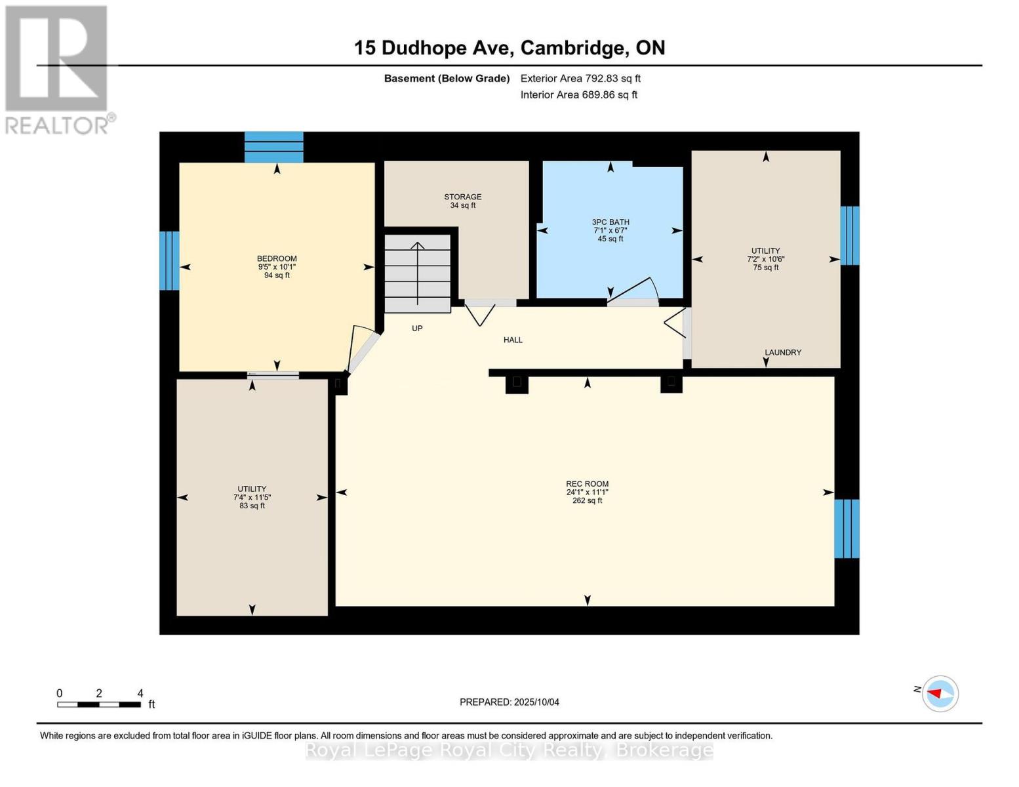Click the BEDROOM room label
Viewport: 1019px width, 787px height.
point(277,258)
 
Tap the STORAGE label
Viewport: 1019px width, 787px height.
point(463,197)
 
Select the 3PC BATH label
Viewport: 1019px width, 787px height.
point(610,222)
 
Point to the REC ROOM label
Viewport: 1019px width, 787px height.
point(588,484)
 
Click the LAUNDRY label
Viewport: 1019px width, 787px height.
point(783,352)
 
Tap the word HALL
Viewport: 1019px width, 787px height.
point(513,340)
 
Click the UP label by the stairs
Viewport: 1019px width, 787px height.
point(417,328)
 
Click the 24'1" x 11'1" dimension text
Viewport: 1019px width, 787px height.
point(588,493)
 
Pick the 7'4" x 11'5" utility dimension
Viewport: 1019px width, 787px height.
point(252,497)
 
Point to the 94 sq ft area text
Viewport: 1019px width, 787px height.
point(277,275)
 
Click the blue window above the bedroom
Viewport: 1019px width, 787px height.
point(274,147)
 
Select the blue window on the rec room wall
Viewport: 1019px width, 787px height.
point(847,529)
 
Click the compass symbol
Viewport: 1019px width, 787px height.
point(940,693)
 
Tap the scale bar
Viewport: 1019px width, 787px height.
point(99,704)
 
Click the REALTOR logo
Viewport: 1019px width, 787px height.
point(58,69)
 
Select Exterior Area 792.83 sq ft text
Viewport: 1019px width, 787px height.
point(580,78)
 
